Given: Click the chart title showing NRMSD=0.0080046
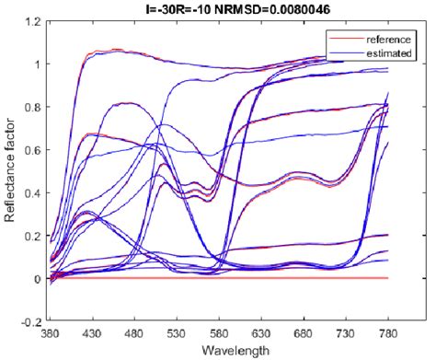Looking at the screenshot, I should pos(233,8).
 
